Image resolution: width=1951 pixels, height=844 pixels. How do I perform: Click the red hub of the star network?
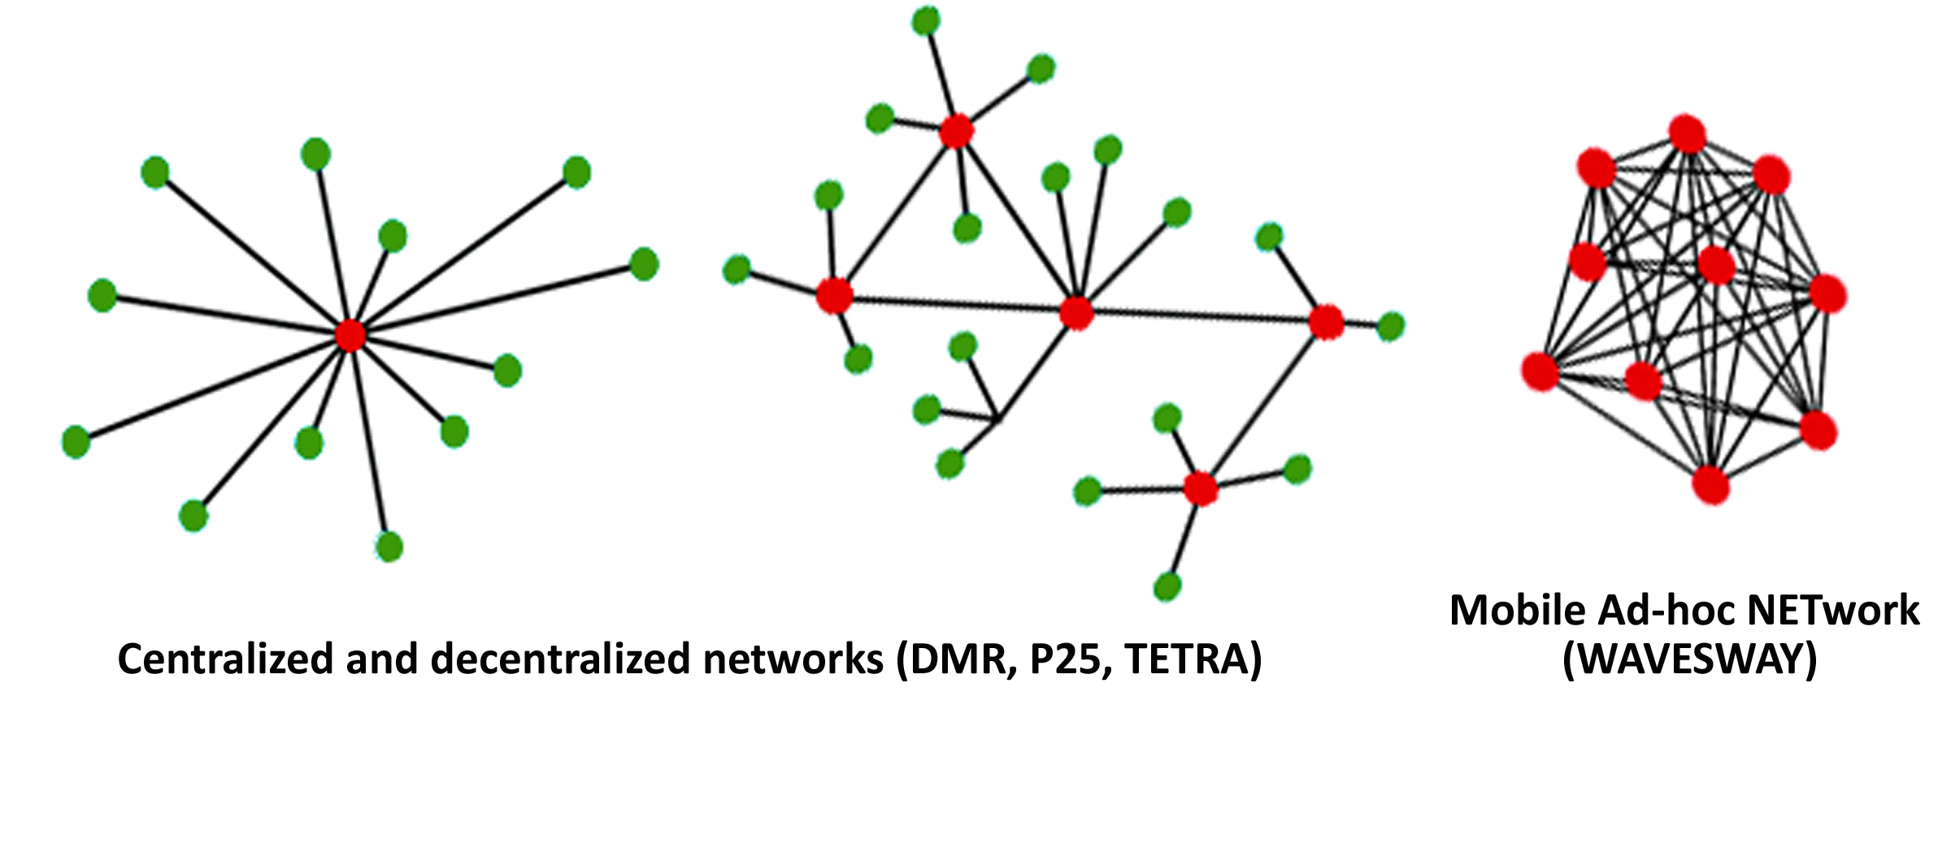[x=350, y=334]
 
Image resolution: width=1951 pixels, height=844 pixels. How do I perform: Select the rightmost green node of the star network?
[x=644, y=264]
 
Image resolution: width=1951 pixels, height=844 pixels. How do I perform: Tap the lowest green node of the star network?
[x=389, y=546]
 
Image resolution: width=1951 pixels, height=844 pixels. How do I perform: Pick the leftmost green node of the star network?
[x=76, y=442]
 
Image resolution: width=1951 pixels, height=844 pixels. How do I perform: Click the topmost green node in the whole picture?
[x=926, y=21]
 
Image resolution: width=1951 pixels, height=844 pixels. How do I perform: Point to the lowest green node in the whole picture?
[x=1167, y=586]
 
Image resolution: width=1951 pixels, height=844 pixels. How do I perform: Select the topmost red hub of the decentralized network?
[x=956, y=131]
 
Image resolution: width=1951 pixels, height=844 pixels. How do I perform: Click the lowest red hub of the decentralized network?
[x=1201, y=489]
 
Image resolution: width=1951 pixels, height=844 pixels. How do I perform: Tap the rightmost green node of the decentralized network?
[x=1391, y=326]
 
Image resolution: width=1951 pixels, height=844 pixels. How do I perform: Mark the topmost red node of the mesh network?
[x=1688, y=134]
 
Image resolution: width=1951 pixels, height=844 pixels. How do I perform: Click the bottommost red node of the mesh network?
[x=1710, y=485]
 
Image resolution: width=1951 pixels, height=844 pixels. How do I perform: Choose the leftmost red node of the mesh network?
[x=1540, y=372]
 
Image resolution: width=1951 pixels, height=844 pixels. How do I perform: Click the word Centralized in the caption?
[x=225, y=659]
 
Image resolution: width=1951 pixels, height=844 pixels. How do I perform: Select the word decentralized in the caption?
[x=560, y=659]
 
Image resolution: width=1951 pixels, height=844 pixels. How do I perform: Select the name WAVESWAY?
[x=1689, y=659]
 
